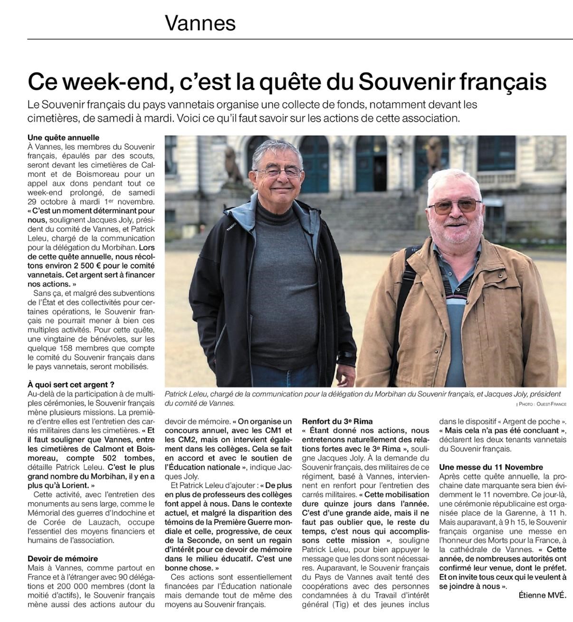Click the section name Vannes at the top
pos(200,23)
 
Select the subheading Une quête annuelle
pos(63,138)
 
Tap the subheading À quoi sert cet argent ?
pos(71,384)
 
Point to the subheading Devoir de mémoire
pos(63,558)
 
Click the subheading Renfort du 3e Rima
pos(337,421)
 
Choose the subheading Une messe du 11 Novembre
pos(491,467)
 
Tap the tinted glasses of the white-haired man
pos(455,206)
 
